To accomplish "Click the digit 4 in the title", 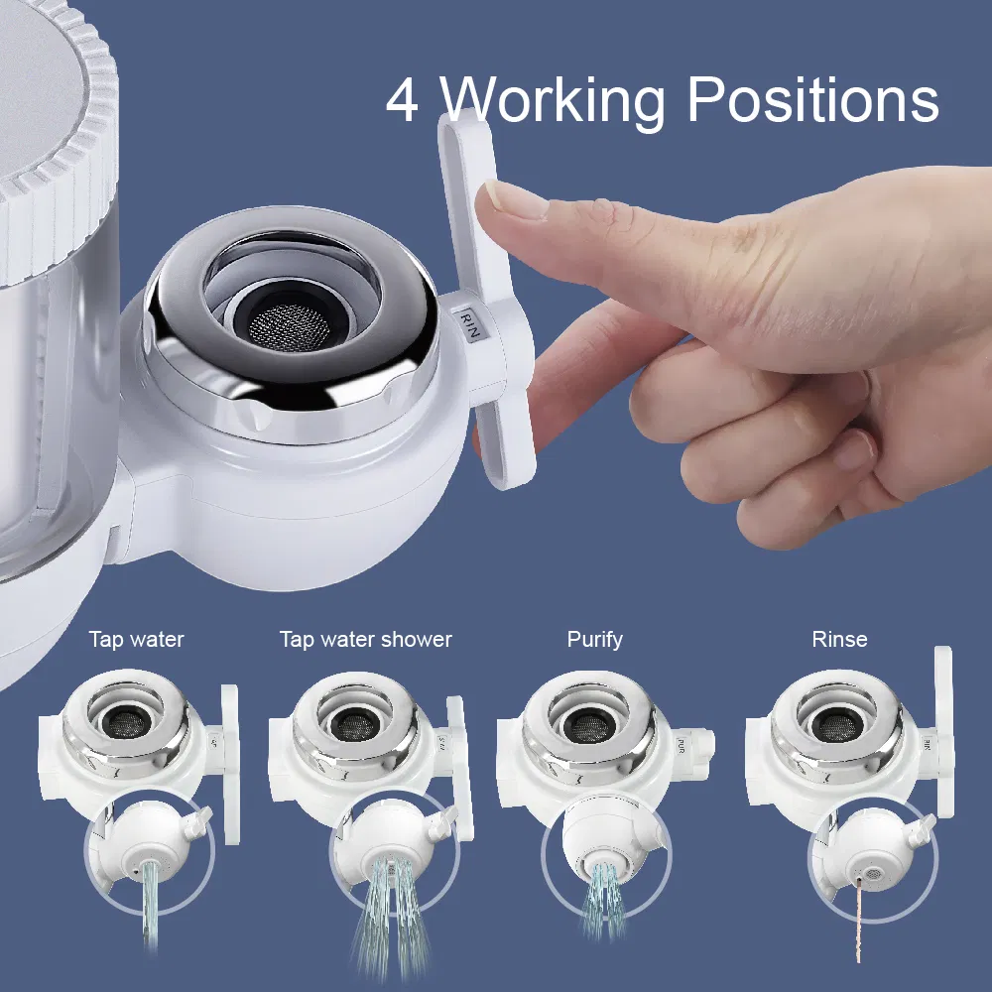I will coord(403,101).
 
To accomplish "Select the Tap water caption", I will coord(136,640).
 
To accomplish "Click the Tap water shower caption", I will coord(365,640).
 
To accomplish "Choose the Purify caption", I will coord(594,640).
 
